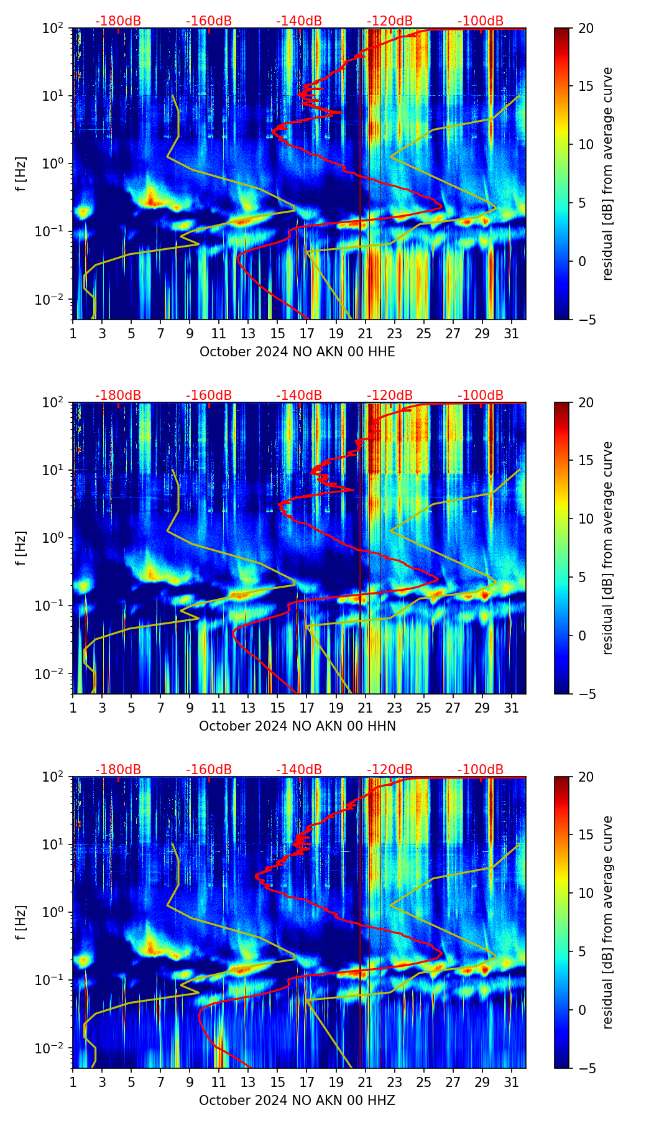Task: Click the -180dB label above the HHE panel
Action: pyautogui.click(x=118, y=21)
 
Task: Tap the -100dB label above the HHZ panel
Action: pyautogui.click(x=481, y=770)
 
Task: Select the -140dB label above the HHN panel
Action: pyautogui.click(x=299, y=395)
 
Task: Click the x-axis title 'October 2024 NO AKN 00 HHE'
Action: pyautogui.click(x=297, y=352)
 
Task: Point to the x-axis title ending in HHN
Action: pyautogui.click(x=297, y=726)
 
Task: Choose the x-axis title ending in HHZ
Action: pyautogui.click(x=297, y=1101)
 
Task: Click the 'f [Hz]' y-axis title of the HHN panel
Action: pyautogui.click(x=21, y=548)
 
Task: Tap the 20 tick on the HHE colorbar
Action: pyautogui.click(x=585, y=28)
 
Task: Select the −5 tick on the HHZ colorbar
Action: pyautogui.click(x=585, y=1068)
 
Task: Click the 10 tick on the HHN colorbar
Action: pyautogui.click(x=585, y=519)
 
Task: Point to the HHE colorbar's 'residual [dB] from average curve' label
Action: pyautogui.click(x=607, y=173)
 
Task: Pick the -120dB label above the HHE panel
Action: pyautogui.click(x=390, y=21)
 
